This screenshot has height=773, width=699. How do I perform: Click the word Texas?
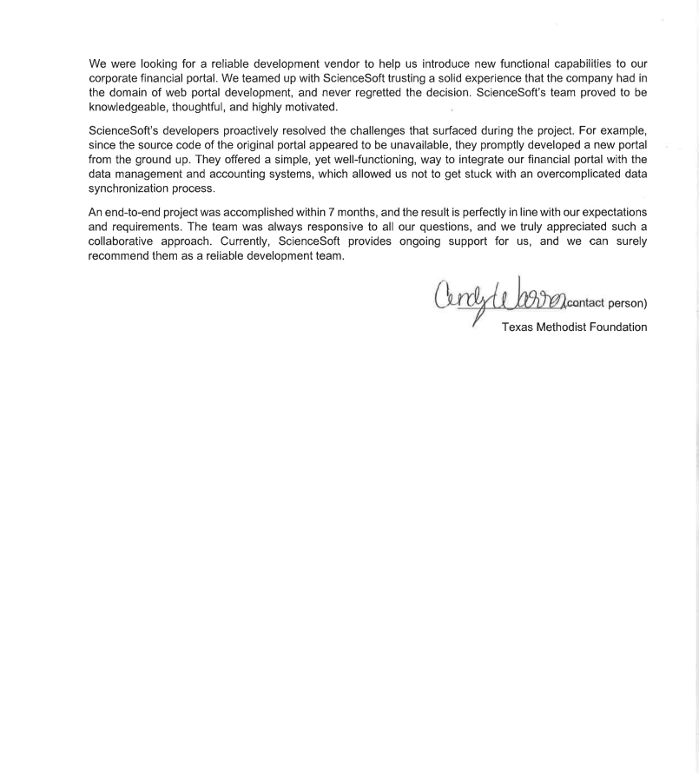519,327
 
